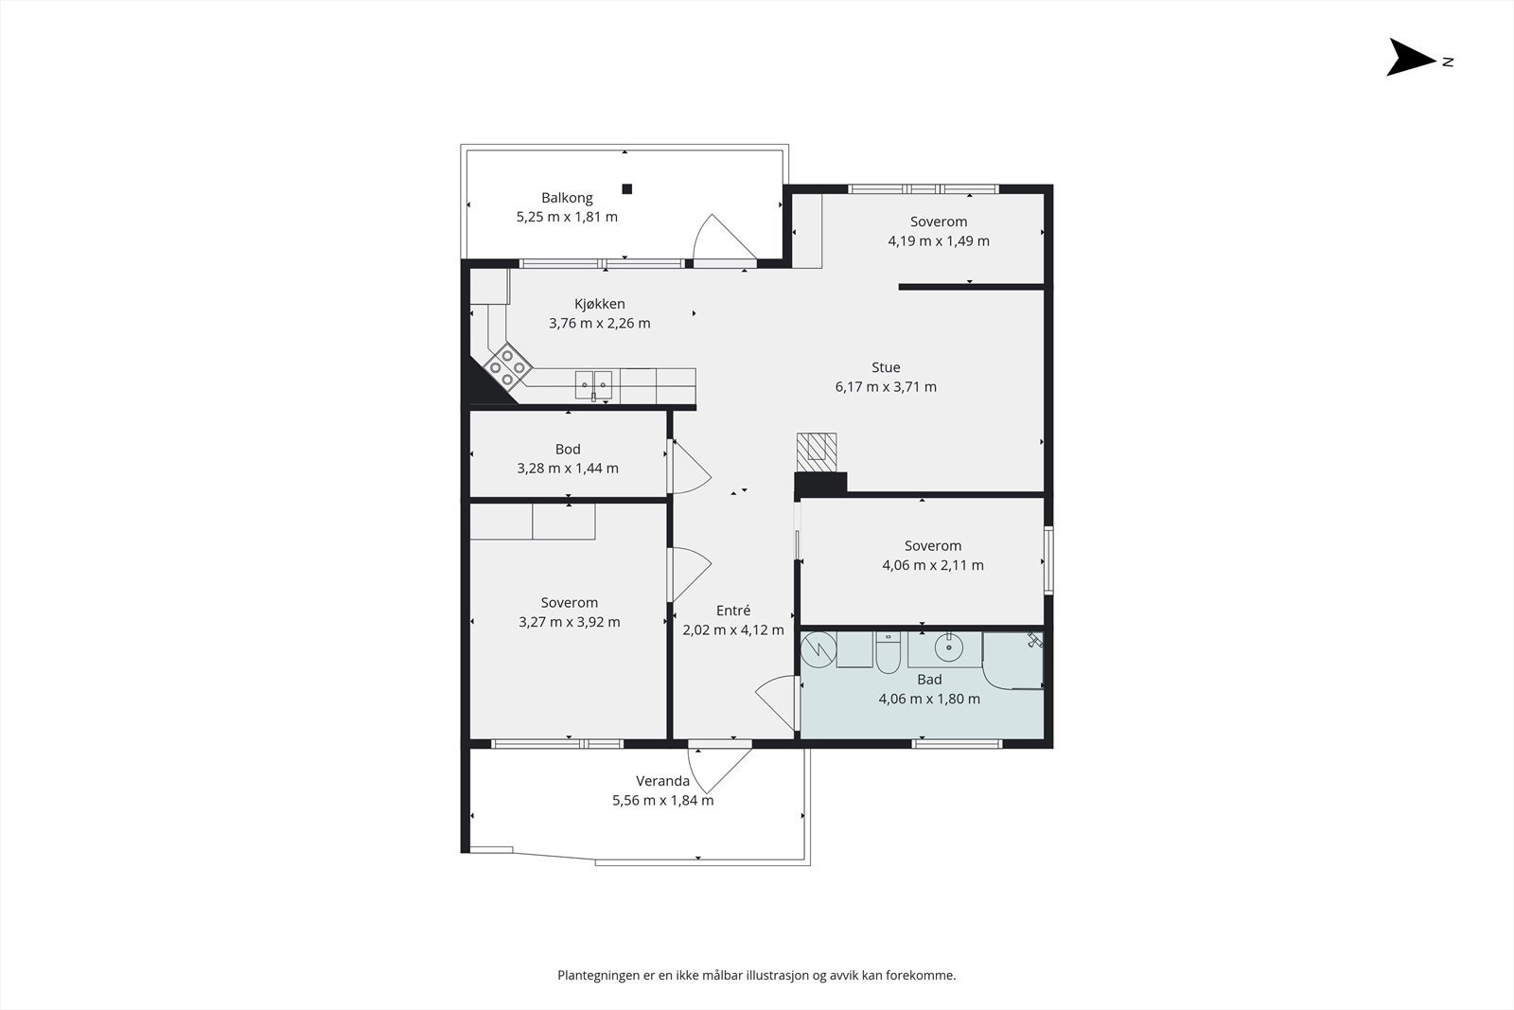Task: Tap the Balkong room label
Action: tap(567, 198)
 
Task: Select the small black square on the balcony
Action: tap(626, 189)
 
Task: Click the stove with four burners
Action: tap(507, 366)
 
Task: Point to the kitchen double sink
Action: tap(593, 385)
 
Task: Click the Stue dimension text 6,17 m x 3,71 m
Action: tap(886, 387)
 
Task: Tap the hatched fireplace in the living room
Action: tap(817, 452)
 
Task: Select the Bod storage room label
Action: tap(568, 449)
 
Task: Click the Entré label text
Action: tap(733, 611)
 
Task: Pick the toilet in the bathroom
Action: tap(888, 654)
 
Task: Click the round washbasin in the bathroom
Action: tap(949, 647)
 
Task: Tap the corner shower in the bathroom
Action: tap(1012, 661)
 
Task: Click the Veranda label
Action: tap(662, 781)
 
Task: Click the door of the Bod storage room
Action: tap(690, 466)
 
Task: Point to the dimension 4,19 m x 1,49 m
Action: tap(938, 240)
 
